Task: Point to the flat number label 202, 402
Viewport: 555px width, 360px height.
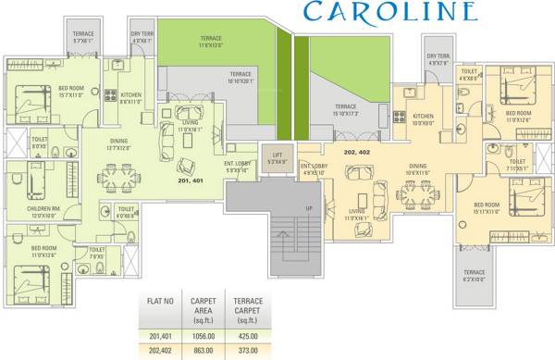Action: [357, 150]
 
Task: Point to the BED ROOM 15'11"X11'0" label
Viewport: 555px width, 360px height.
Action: [488, 208]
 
